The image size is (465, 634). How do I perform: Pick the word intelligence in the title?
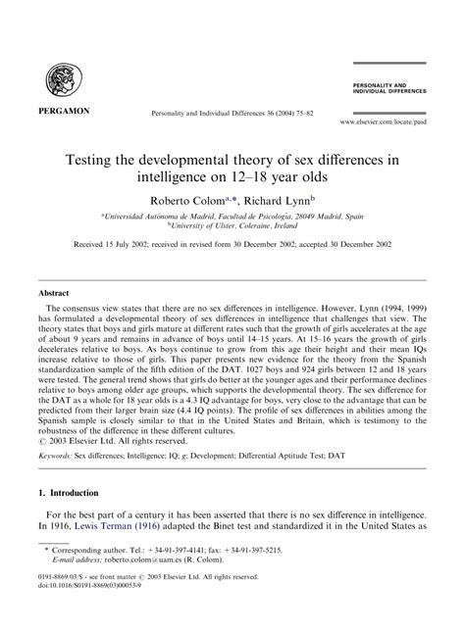point(186,179)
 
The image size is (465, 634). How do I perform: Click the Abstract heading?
point(54,293)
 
